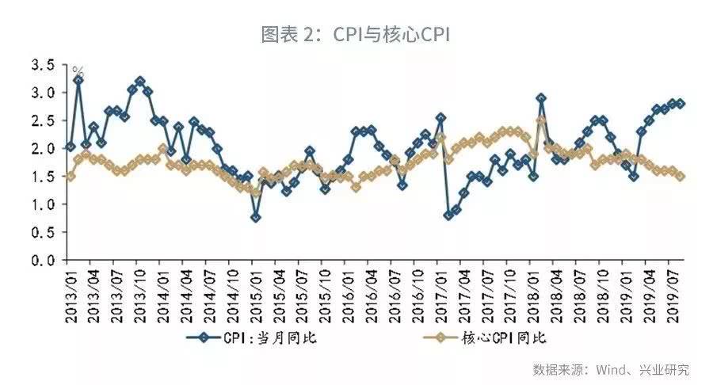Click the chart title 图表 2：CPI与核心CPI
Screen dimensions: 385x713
tap(356, 34)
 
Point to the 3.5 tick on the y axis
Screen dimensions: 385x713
tap(42, 65)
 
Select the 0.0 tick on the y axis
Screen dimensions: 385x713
tap(42, 261)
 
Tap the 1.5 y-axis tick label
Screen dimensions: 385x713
tap(42, 177)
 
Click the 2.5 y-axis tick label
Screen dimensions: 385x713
tap(42, 120)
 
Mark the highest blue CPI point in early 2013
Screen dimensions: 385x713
tap(78, 80)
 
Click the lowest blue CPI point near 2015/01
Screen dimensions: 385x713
tap(255, 217)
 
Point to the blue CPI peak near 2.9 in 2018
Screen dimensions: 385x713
tap(541, 98)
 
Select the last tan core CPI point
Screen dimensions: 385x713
tap(681, 177)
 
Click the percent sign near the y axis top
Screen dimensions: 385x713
tap(78, 71)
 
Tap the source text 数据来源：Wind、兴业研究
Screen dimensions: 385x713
tap(610, 369)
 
